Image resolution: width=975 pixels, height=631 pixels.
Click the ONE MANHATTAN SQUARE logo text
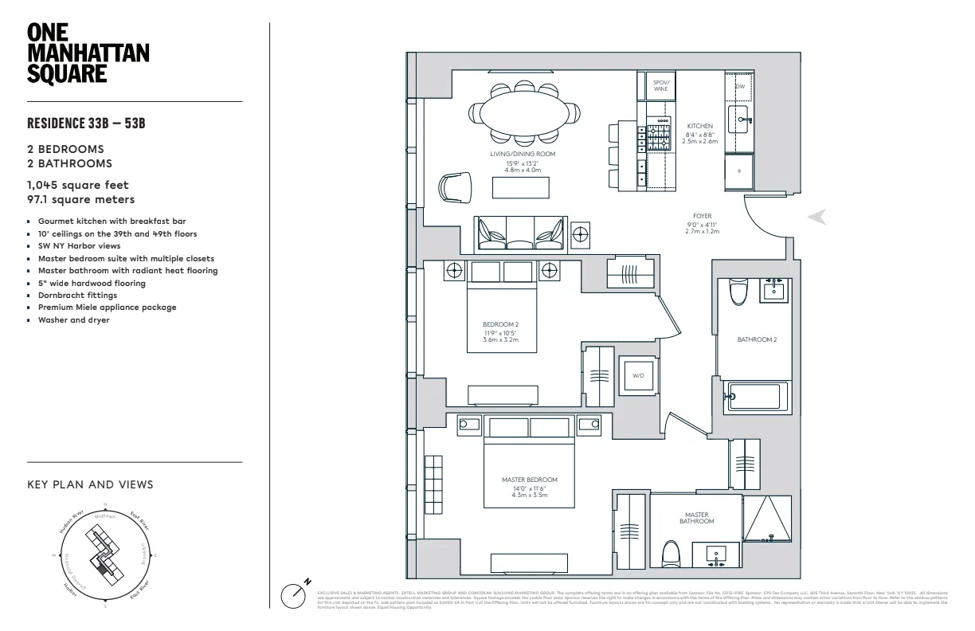pos(88,53)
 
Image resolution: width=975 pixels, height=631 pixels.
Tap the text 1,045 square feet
pos(77,185)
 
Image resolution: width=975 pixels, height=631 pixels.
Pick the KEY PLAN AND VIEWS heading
pos(90,484)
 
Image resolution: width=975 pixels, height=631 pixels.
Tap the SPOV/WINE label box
pos(660,85)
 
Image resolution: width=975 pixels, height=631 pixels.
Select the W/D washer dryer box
pos(638,375)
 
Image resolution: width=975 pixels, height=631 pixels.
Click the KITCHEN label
pos(699,127)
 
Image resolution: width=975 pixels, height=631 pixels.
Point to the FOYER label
pos(702,216)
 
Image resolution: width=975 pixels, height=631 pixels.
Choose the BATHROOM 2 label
pos(756,339)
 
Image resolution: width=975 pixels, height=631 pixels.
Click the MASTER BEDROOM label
pos(529,480)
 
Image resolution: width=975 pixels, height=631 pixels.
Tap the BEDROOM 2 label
pos(500,324)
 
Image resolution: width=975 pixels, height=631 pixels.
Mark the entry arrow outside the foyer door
pos(818,217)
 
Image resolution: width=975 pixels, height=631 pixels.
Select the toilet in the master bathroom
pos(670,551)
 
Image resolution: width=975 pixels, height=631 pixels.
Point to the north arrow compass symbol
pos(295,594)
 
